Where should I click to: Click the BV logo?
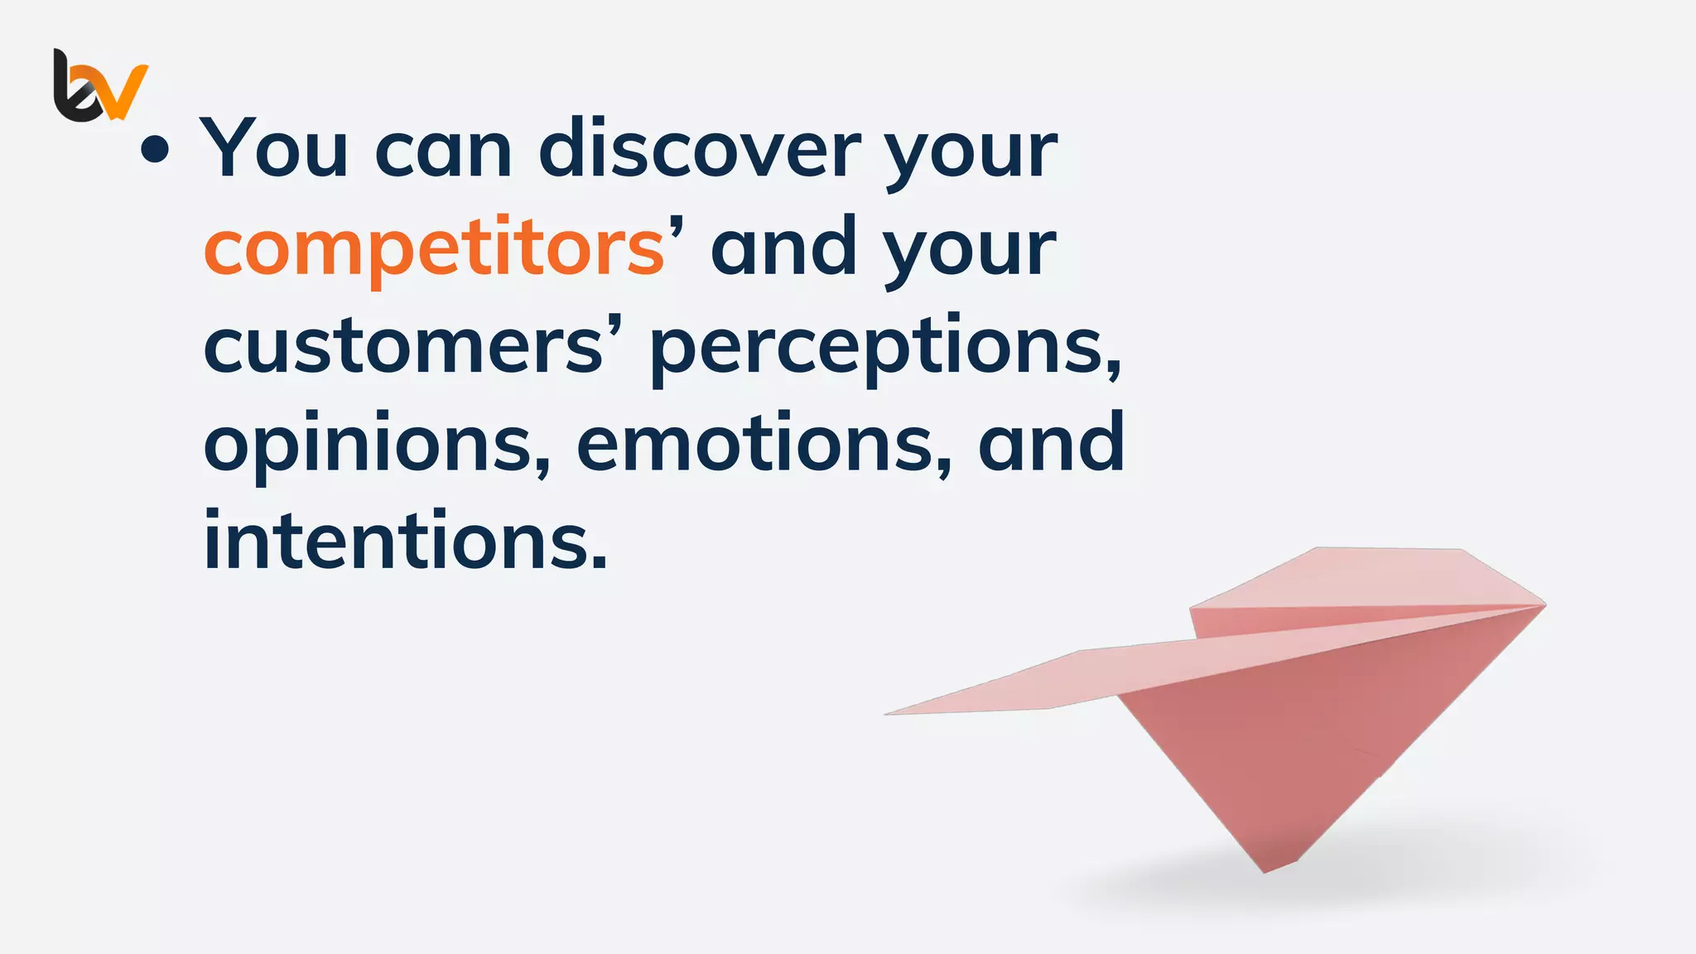pos(100,85)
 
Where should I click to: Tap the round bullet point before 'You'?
pos(155,150)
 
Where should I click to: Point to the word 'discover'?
pos(700,149)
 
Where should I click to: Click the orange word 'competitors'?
pos(434,248)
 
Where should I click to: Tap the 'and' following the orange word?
pos(783,248)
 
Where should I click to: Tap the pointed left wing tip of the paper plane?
pos(888,713)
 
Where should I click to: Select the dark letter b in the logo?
pos(73,91)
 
